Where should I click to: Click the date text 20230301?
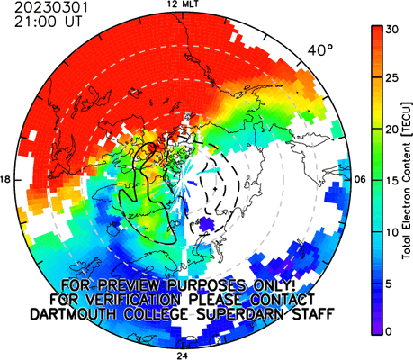click(x=51, y=7)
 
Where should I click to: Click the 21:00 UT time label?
click(x=48, y=22)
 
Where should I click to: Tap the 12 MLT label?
click(x=183, y=4)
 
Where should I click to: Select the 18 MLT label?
click(x=5, y=180)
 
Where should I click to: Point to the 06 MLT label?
click(x=360, y=180)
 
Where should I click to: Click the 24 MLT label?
click(x=183, y=356)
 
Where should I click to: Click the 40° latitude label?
click(x=320, y=50)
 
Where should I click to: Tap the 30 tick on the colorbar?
click(x=392, y=30)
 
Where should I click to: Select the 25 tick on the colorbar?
click(x=392, y=78)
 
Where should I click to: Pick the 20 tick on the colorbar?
click(x=392, y=130)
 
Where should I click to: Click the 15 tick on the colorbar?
click(x=392, y=181)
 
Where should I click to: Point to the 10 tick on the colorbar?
click(x=392, y=232)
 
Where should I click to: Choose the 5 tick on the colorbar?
click(x=389, y=283)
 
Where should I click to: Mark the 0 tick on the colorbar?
click(x=389, y=331)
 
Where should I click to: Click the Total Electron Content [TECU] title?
click(x=407, y=181)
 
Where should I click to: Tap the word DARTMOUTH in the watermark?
click(x=73, y=314)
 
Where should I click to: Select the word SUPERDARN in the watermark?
click(x=239, y=314)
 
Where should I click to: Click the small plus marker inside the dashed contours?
click(x=215, y=189)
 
